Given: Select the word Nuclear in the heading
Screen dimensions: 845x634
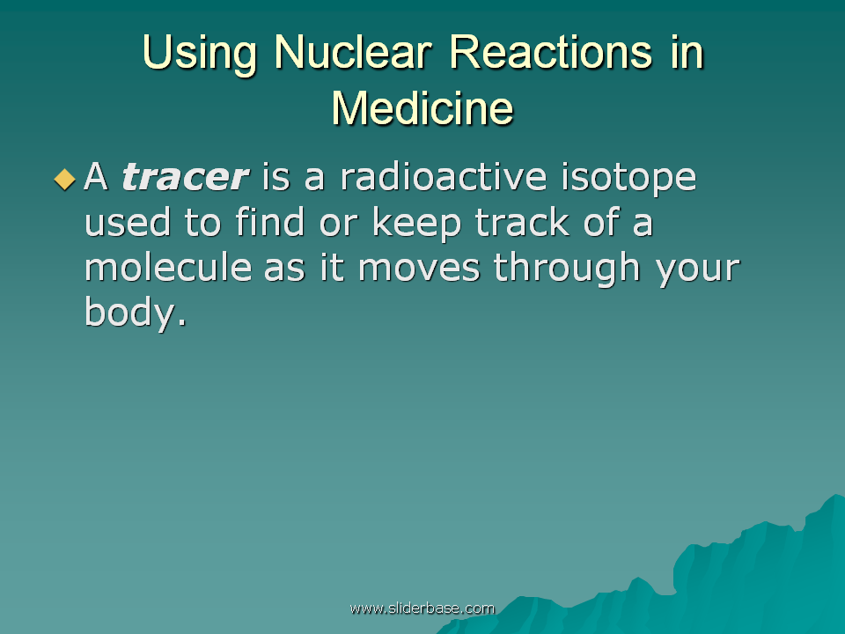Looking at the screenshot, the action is click(x=353, y=52).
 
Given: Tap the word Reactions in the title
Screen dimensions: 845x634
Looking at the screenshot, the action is click(x=551, y=52).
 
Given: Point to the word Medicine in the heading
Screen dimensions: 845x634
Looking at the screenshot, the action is click(x=422, y=107).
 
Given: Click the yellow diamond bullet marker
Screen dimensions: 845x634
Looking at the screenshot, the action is click(x=64, y=180).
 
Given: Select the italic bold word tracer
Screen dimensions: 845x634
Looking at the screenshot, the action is click(x=185, y=177).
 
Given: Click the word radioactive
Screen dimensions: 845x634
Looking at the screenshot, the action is click(x=444, y=176).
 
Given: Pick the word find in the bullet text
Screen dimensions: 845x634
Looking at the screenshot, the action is click(x=270, y=221).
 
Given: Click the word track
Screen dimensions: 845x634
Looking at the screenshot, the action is click(x=522, y=222).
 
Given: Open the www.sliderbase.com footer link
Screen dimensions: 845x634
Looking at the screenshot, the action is click(x=422, y=608).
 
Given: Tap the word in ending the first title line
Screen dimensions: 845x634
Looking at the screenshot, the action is click(x=687, y=52).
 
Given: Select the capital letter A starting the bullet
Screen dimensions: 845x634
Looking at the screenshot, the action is click(x=97, y=176).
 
